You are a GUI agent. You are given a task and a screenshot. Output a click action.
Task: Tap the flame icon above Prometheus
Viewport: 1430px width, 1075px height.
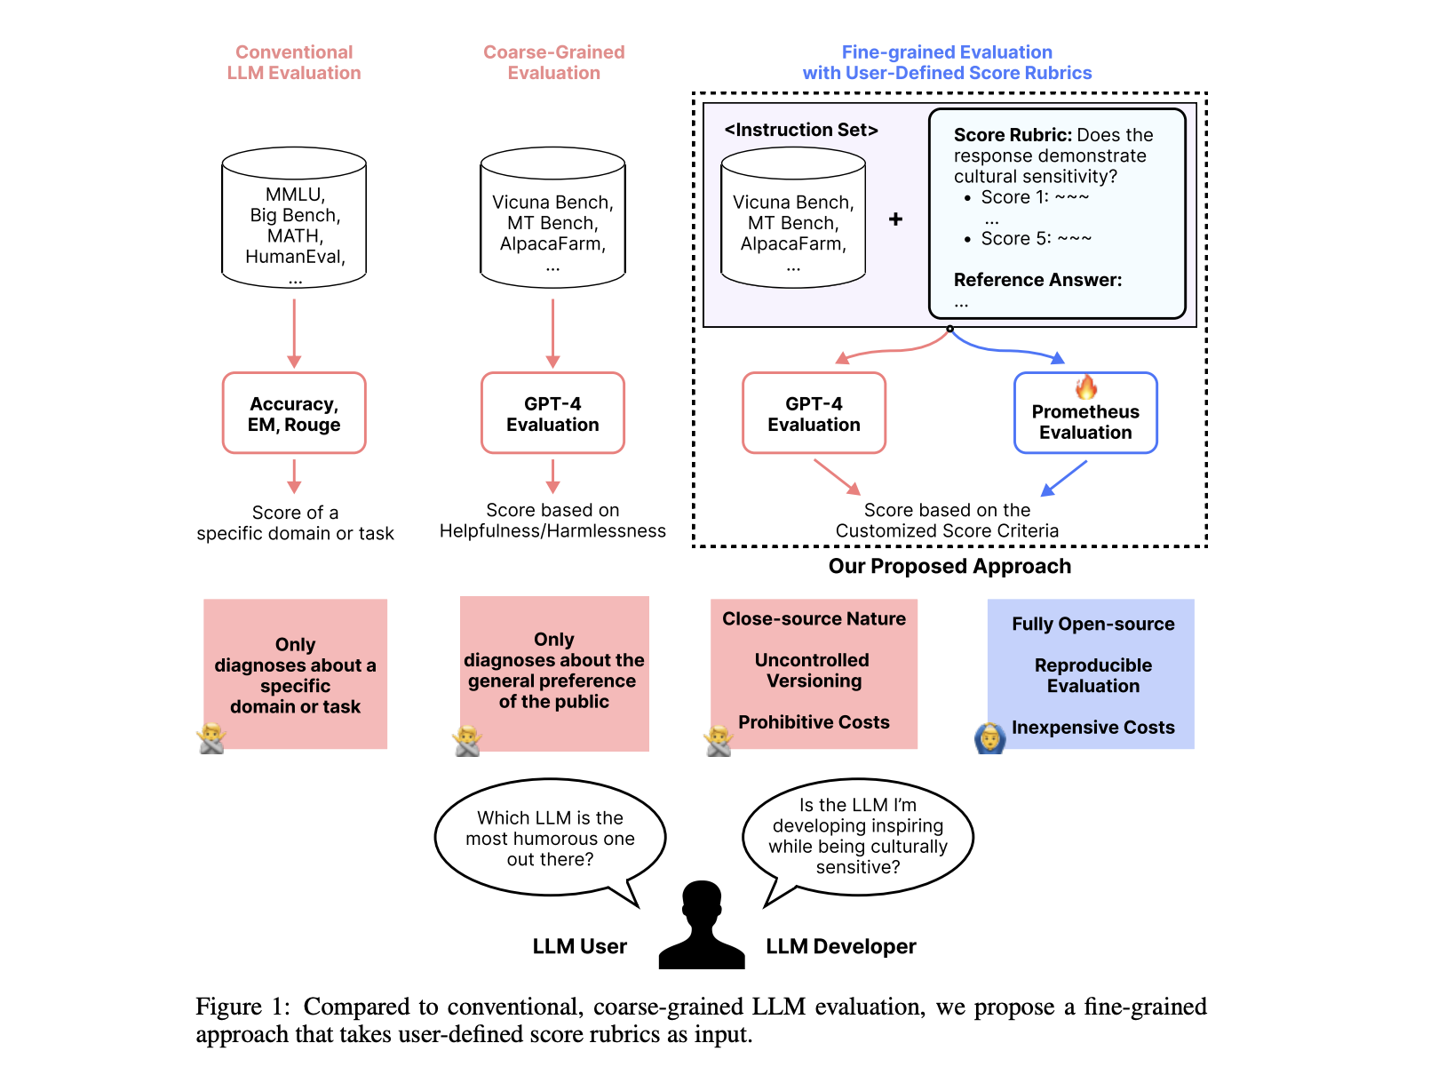[1086, 387]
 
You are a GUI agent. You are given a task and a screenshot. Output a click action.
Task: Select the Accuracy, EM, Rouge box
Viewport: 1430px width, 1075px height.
[294, 413]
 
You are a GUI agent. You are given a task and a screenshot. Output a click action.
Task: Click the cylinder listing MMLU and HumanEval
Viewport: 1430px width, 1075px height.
[294, 219]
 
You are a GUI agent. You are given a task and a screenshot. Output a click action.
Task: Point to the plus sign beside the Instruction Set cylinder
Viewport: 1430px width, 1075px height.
[895, 219]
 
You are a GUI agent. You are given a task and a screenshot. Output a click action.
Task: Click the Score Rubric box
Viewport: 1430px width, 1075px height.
[1057, 213]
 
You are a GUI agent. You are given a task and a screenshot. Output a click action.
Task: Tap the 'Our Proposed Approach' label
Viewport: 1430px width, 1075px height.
[949, 567]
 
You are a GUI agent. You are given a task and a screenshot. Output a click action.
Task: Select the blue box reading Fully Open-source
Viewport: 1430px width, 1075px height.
[1091, 673]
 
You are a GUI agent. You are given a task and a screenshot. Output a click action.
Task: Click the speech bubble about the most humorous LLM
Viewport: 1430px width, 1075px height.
[550, 838]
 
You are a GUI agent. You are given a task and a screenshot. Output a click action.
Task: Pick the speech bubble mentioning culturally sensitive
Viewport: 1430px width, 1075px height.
[858, 836]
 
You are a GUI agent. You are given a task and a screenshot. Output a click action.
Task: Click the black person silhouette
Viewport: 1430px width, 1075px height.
[702, 926]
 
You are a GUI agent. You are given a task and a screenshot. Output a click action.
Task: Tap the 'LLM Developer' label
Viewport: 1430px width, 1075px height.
[841, 947]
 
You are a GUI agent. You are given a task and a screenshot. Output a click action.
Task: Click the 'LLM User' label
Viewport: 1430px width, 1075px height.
[579, 947]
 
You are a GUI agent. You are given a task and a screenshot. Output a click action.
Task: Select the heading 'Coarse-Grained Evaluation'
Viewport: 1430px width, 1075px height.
[553, 62]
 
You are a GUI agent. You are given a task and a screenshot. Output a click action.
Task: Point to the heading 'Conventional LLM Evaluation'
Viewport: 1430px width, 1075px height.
[294, 62]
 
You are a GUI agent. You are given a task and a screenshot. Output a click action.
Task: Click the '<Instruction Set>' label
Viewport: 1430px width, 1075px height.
[801, 131]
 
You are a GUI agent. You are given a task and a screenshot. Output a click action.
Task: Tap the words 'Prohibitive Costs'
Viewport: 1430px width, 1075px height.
[814, 722]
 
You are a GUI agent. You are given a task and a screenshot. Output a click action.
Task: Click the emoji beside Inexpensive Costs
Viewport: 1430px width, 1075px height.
[989, 737]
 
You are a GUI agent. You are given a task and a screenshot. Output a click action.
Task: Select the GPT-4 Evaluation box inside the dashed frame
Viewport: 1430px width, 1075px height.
[814, 413]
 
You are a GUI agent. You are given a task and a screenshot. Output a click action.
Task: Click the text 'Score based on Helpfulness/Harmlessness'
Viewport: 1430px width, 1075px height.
[552, 521]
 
